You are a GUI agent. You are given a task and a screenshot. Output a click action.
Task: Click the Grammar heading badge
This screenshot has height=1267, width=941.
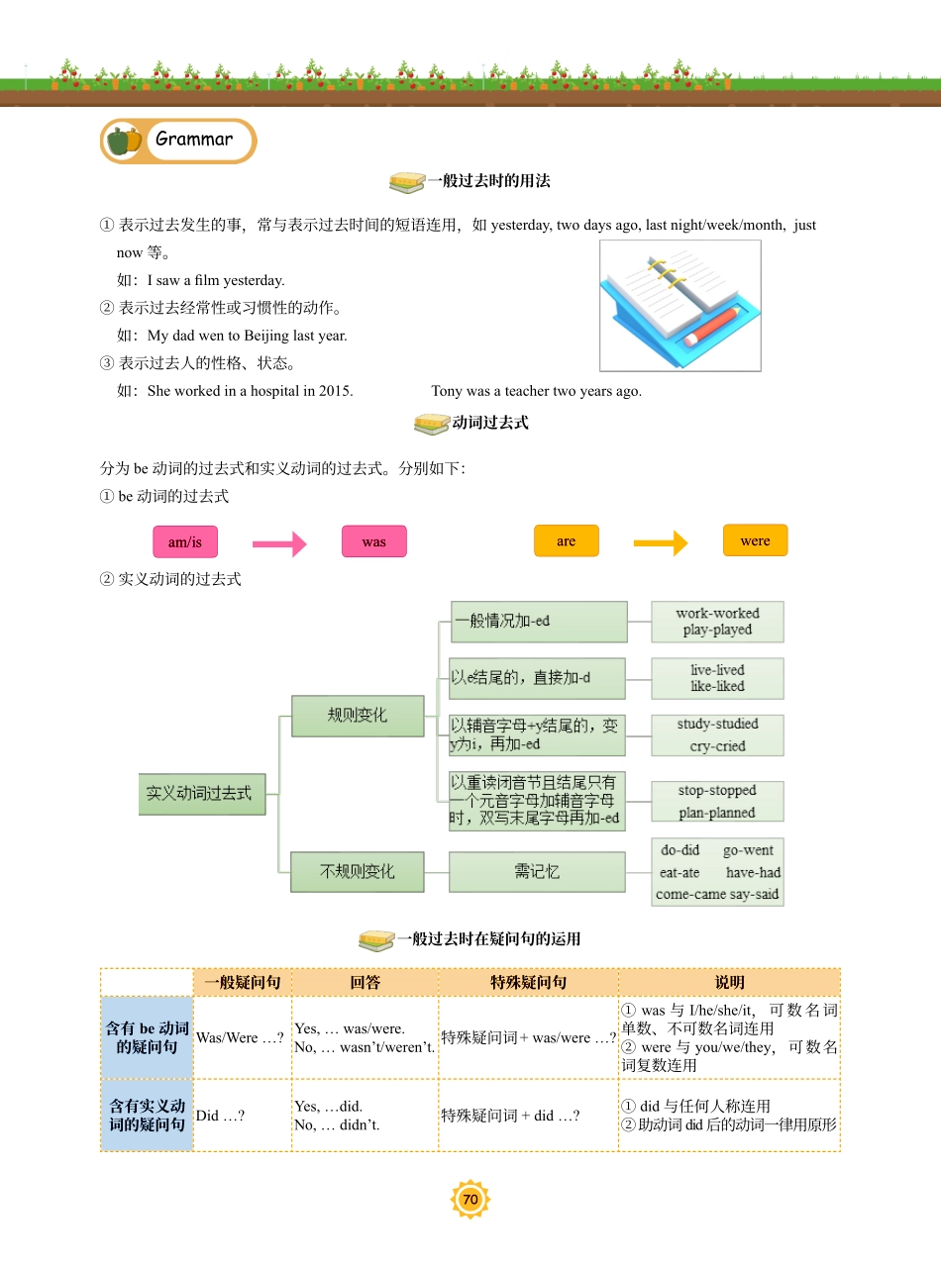click(x=178, y=141)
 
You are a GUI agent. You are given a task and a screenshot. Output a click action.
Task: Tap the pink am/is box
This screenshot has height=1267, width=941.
click(x=184, y=541)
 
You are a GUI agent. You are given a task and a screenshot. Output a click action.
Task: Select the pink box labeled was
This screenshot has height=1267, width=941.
click(x=373, y=541)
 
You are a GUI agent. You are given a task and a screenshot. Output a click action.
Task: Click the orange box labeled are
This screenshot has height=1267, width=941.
click(x=566, y=540)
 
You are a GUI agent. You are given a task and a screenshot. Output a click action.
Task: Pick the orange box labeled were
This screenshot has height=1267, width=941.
click(x=755, y=540)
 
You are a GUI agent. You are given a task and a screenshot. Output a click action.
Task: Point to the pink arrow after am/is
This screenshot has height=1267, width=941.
click(x=279, y=543)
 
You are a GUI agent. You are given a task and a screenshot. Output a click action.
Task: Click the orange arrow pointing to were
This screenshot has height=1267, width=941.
click(x=660, y=542)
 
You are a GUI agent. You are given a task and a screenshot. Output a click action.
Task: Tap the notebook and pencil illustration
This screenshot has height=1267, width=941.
click(x=680, y=305)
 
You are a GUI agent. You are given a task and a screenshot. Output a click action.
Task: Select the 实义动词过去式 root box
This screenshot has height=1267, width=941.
click(x=202, y=794)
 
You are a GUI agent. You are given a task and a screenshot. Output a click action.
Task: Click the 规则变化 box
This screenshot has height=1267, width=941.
click(x=358, y=715)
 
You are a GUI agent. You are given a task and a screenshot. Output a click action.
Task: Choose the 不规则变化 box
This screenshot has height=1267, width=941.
click(x=357, y=871)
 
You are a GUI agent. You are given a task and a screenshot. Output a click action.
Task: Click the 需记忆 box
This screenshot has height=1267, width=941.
click(x=537, y=871)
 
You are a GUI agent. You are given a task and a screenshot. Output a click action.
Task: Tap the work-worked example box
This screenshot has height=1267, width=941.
click(x=717, y=622)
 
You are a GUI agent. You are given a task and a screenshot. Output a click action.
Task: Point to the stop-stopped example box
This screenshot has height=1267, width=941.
click(x=717, y=802)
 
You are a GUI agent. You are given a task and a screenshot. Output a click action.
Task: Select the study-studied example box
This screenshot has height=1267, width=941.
click(x=717, y=735)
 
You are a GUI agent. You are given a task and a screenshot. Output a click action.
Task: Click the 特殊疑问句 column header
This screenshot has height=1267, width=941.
click(x=528, y=983)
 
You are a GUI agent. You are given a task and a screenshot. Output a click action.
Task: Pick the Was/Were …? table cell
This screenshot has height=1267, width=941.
click(x=241, y=1037)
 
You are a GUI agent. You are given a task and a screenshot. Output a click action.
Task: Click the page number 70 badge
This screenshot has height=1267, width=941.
click(x=470, y=1200)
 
